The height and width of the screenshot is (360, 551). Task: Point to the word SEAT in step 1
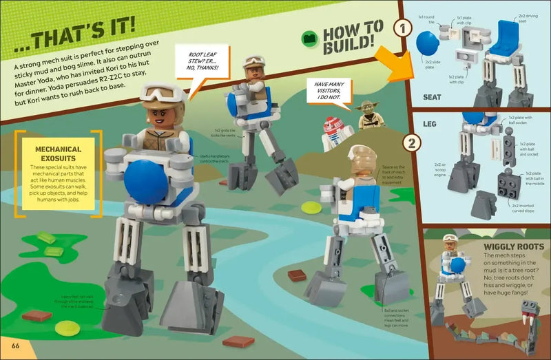[433, 97]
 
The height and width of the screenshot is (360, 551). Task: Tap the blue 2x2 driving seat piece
[510, 35]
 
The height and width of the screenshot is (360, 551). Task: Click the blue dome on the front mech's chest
[144, 180]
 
